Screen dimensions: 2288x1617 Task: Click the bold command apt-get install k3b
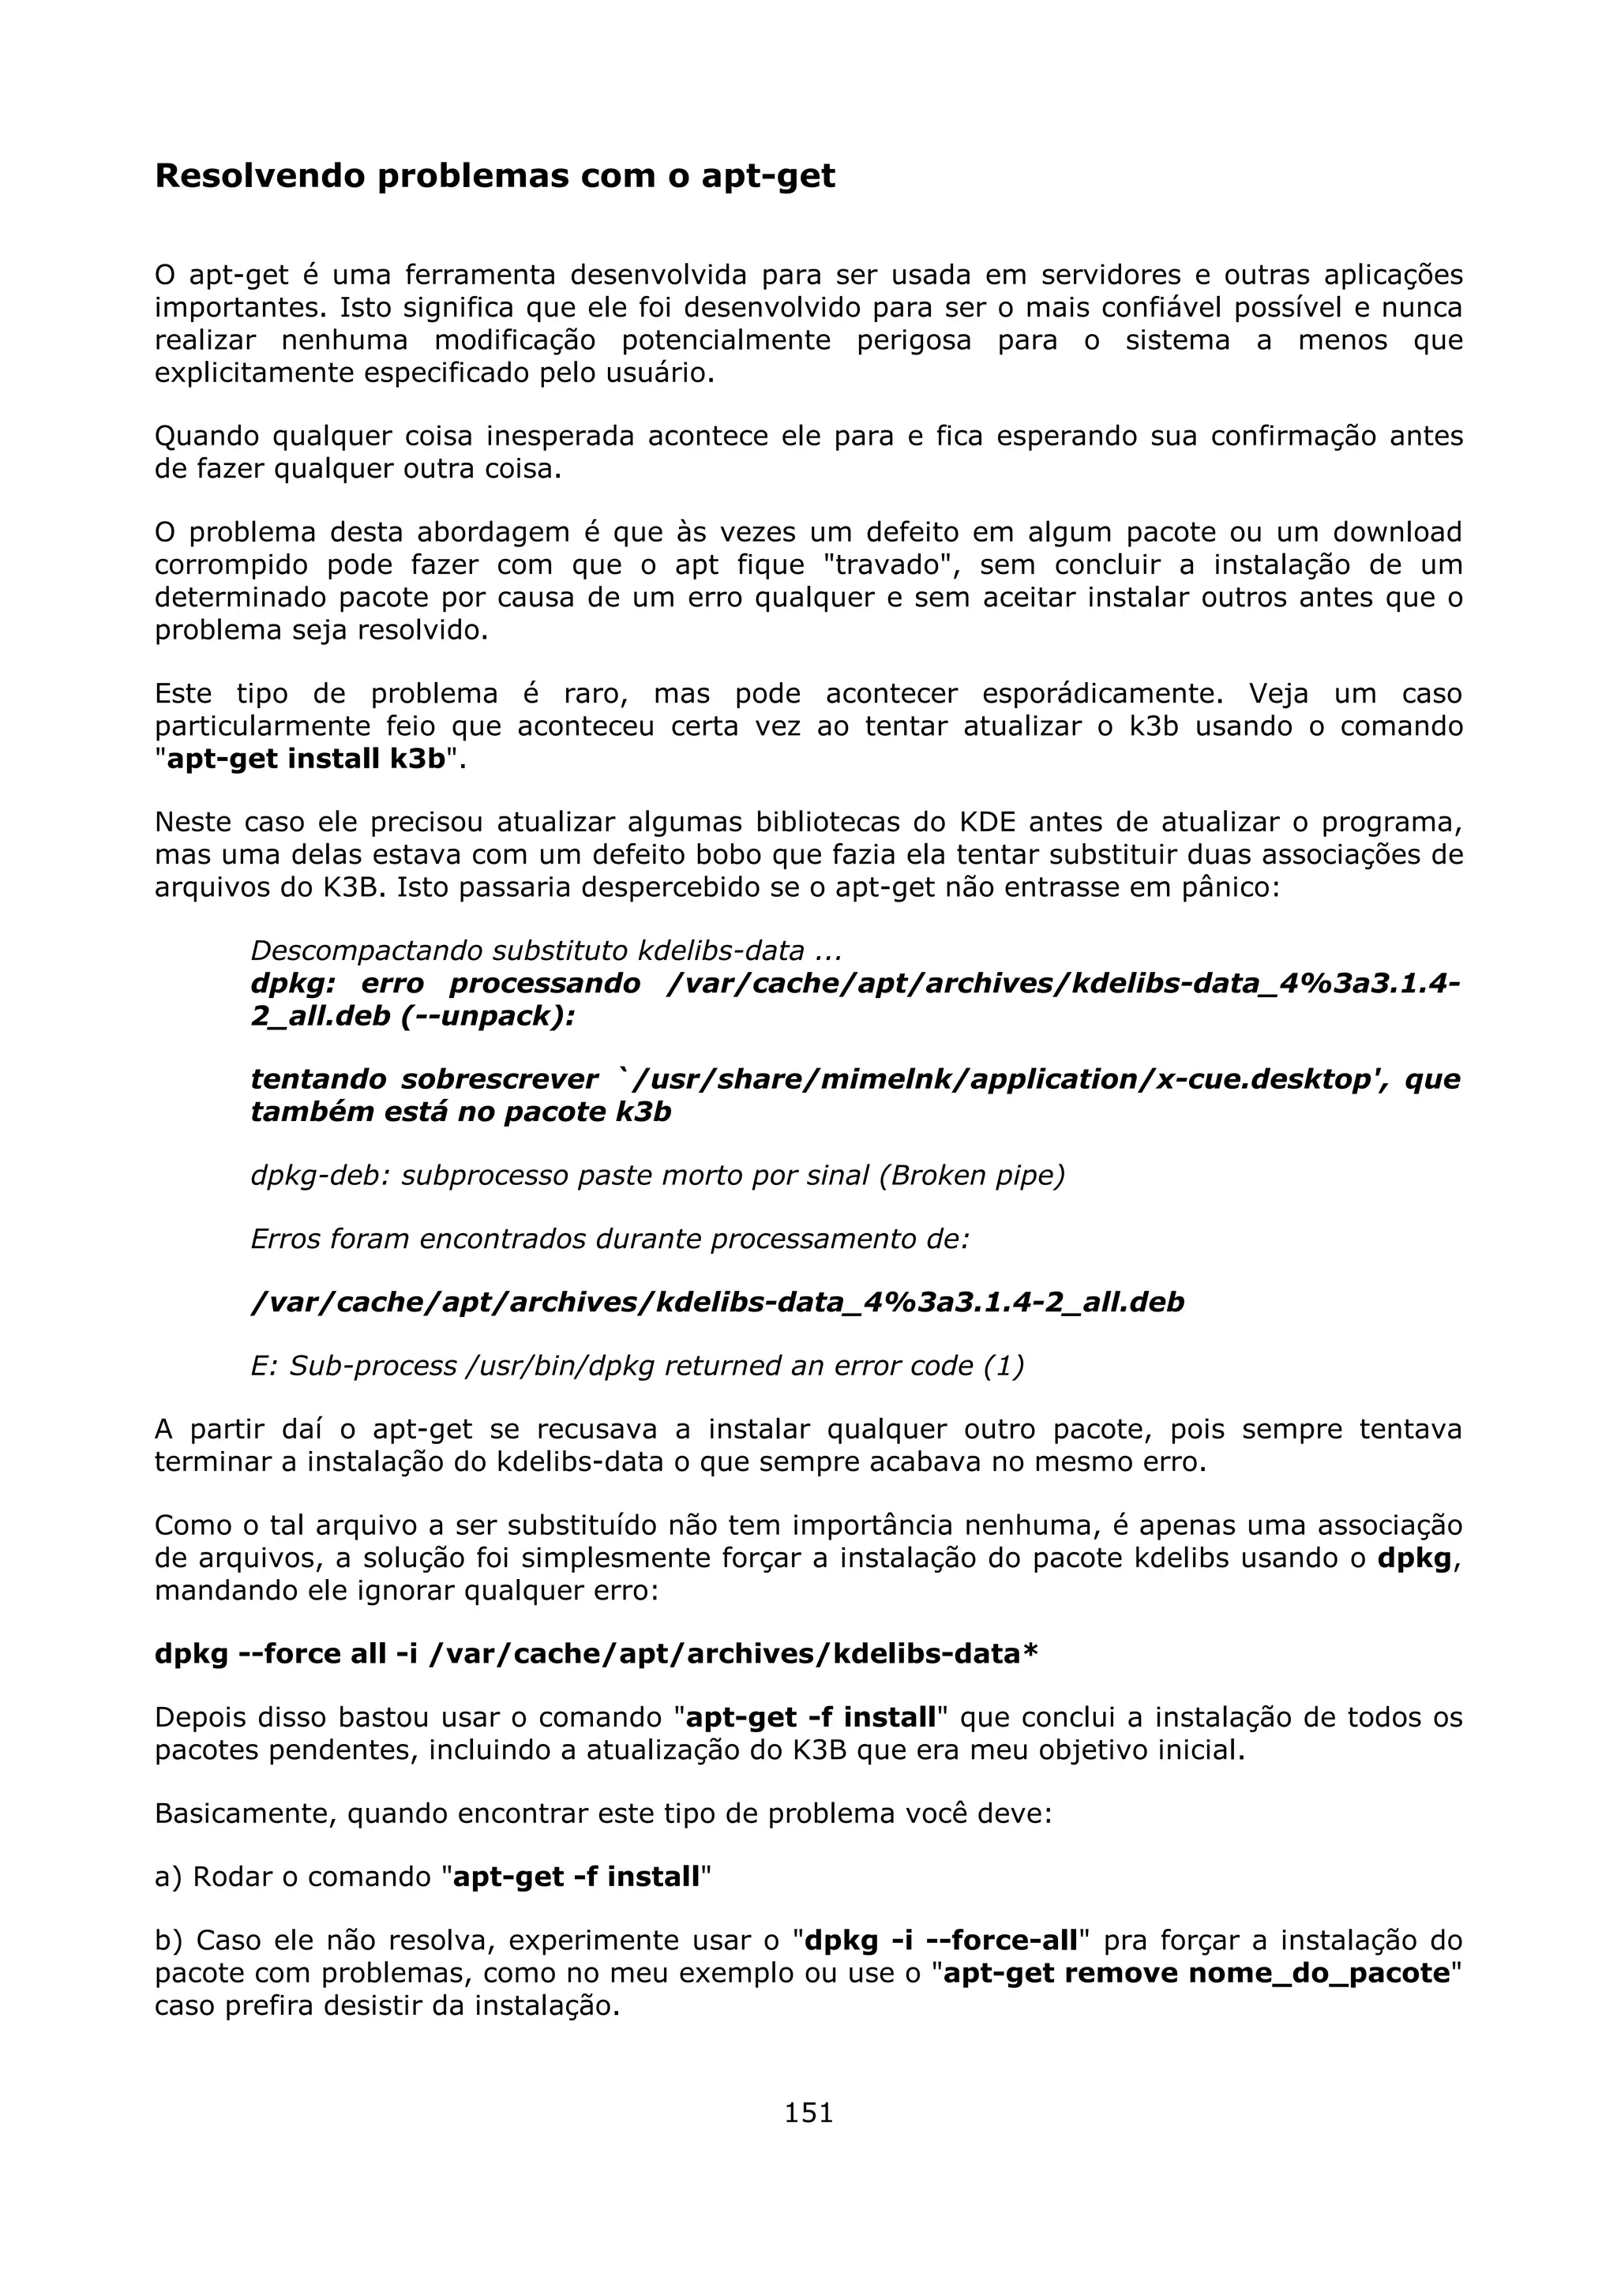[x=306, y=759]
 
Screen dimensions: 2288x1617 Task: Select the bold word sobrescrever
[x=500, y=1079]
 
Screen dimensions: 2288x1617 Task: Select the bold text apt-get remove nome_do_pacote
[x=1196, y=1973]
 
